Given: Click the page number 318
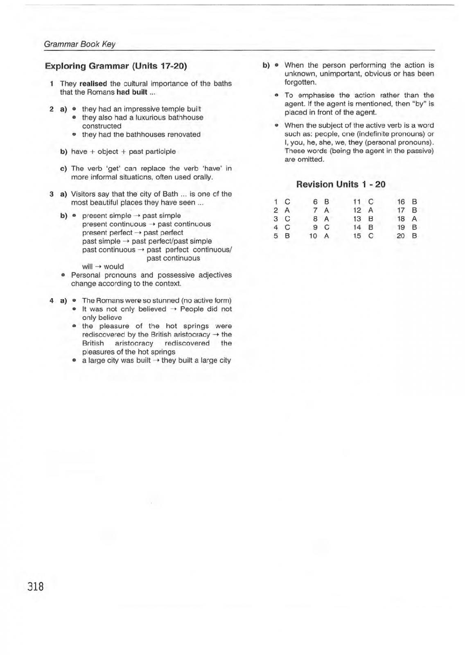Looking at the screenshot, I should pos(36,586).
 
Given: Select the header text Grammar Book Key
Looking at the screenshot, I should pos(79,44).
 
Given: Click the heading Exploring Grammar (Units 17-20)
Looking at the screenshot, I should pos(116,66).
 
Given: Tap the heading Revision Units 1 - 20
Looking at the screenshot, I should pos(341,184).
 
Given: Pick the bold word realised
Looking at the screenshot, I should pos(93,84).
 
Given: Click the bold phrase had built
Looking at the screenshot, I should pos(131,92).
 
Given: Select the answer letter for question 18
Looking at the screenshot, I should pos(414,219).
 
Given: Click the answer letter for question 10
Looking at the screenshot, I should pos(326,236).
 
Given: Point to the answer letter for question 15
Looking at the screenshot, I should pos(371,236).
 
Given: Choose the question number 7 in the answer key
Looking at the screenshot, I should pos(315,210).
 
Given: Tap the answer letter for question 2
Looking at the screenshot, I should pos(287,210).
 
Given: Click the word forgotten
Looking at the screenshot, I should pos(300,82).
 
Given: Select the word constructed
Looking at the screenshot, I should pos(102,126).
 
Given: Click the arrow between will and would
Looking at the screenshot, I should pos(98,267).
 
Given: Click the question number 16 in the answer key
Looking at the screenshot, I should pos(401,201).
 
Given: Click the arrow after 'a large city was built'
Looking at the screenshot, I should pos(156,360).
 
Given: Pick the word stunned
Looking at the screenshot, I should pos(166,300).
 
